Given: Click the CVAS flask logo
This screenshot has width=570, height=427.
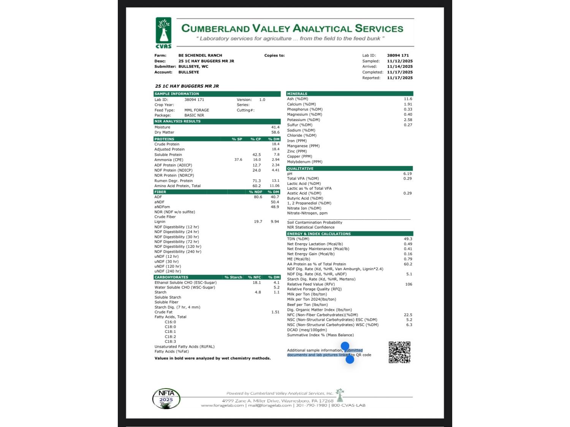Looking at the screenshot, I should point(163,32).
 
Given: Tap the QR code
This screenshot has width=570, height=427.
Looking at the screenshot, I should point(399,352).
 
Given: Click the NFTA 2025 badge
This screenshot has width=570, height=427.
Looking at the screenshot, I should point(166,399).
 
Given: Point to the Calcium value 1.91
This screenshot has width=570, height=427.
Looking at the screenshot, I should point(408,104).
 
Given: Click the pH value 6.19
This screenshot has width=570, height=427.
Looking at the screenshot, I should point(407,173).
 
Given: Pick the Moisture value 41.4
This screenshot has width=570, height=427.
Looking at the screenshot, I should point(275,127).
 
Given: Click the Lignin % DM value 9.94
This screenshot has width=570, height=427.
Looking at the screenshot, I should point(275,222).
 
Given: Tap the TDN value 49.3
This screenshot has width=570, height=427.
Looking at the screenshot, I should point(408,239).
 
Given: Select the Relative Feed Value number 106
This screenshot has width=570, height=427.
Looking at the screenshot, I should point(408,284).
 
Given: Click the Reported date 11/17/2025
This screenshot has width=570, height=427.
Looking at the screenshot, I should point(400,78).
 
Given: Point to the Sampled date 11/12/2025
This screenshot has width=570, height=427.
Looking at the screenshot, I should point(400,61).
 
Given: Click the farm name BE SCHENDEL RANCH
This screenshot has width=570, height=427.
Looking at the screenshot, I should point(200,55).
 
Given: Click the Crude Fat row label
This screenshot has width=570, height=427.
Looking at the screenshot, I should point(164,312).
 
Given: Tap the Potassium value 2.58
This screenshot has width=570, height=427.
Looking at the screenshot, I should point(408,120).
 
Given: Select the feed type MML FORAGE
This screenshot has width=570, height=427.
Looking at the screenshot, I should point(196,110).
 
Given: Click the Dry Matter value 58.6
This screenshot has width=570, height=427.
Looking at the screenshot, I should point(275,132).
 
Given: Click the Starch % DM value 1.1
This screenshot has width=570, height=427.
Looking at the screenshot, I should point(276,292).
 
